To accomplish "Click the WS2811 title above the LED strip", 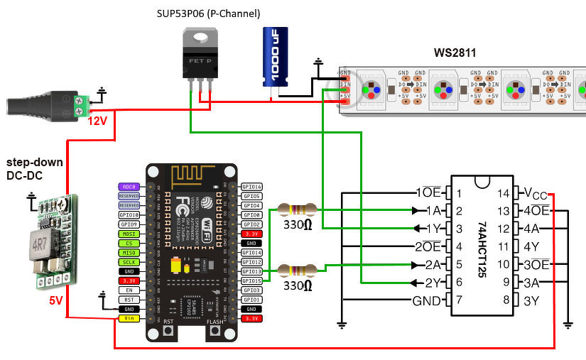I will tap(455, 53).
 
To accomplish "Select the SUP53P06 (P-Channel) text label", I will tap(208, 13).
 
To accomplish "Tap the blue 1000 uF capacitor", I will tap(275, 57).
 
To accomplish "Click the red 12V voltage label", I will tap(97, 121).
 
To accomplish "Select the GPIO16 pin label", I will tap(252, 186).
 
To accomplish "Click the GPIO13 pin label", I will tap(252, 271).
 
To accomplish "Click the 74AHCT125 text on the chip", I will tap(483, 246).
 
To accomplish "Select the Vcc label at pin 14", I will tap(536, 192).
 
